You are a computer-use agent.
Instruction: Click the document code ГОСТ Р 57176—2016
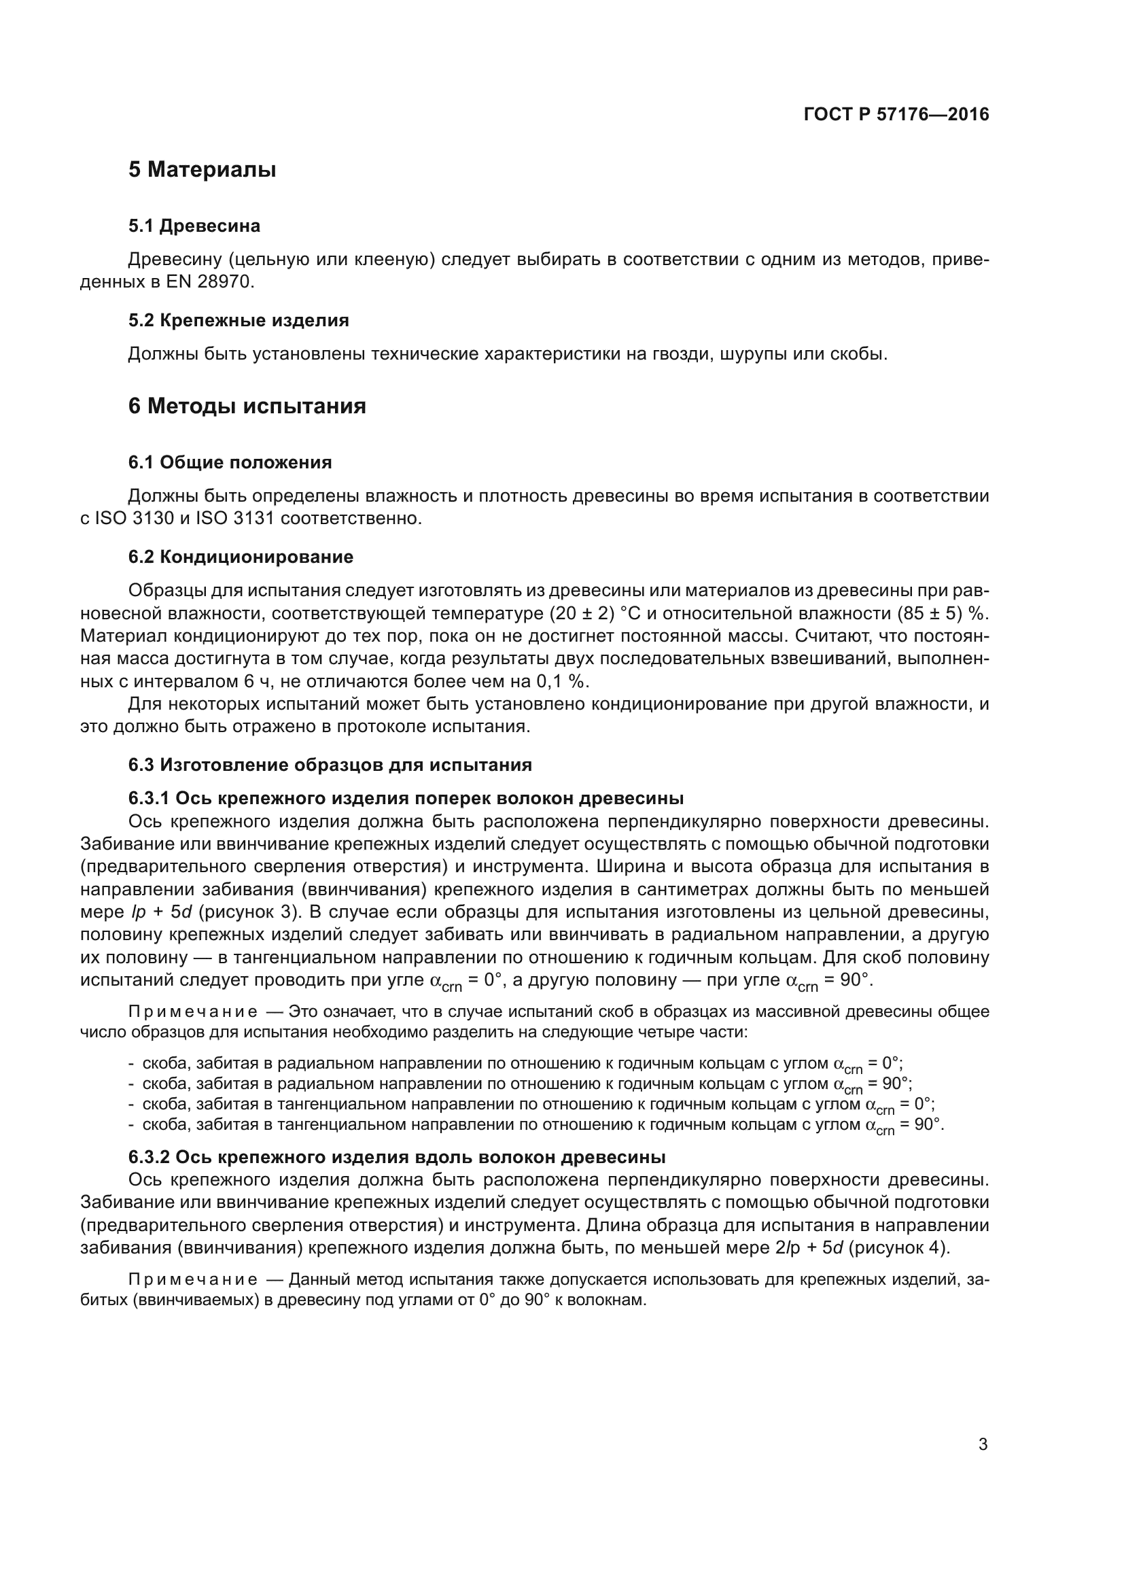coord(896,114)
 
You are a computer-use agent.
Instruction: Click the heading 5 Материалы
coord(202,170)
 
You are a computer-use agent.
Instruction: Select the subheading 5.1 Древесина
coord(194,226)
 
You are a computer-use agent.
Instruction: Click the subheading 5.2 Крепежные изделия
coord(238,321)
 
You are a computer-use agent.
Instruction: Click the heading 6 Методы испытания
coord(247,406)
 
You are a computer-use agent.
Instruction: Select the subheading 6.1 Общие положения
coord(230,463)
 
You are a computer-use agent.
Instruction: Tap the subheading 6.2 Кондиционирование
coord(241,557)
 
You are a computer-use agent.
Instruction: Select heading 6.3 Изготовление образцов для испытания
coord(330,765)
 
